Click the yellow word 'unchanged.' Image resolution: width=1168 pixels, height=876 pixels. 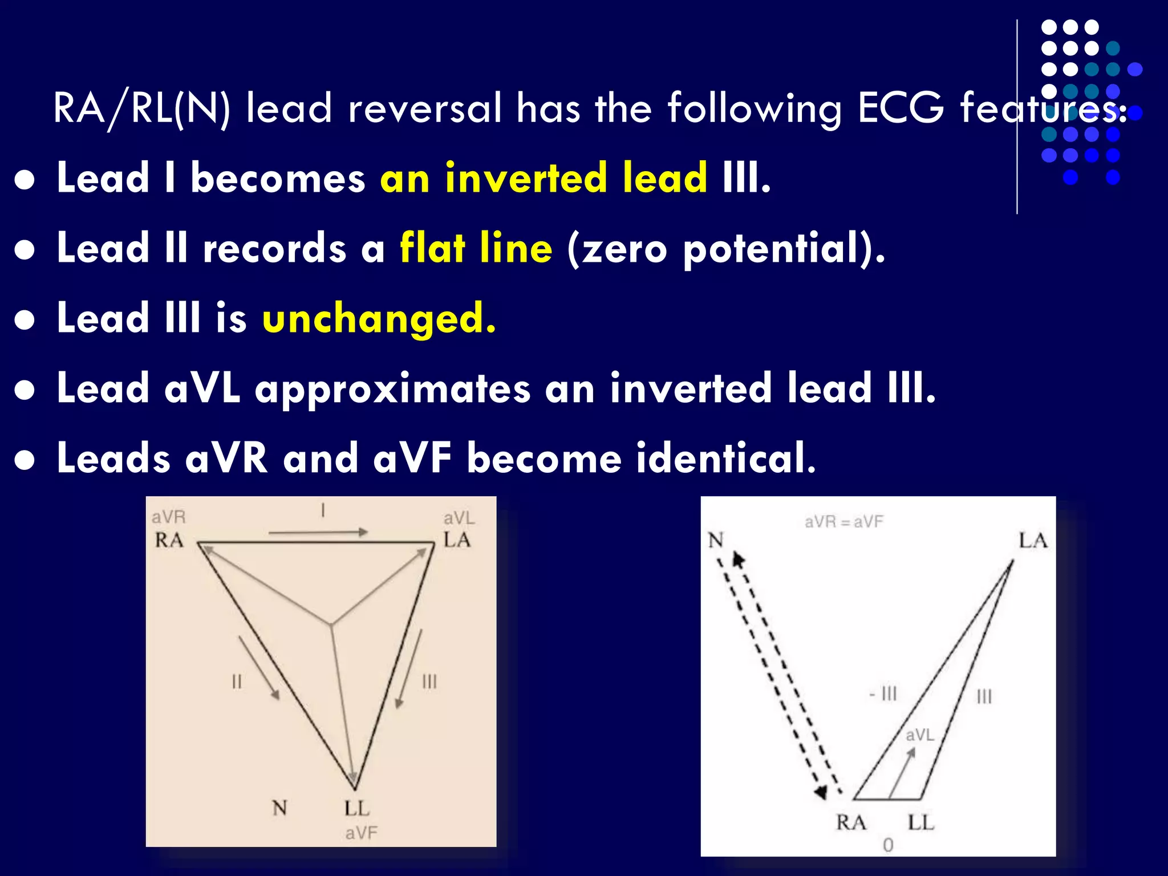379,318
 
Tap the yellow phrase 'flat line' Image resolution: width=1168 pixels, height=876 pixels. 476,248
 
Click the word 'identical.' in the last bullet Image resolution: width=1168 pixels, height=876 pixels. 726,459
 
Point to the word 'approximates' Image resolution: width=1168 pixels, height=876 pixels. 392,388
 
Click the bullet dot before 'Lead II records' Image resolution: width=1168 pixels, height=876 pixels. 25,250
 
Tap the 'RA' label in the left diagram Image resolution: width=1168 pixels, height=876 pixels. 169,540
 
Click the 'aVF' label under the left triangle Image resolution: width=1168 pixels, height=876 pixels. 361,833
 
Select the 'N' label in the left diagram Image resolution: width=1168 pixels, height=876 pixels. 279,808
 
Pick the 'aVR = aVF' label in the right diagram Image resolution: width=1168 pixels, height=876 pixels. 843,521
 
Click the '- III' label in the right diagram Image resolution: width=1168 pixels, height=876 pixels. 883,693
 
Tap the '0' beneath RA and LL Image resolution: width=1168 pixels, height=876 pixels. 888,845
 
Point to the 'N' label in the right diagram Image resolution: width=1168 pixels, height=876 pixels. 716,540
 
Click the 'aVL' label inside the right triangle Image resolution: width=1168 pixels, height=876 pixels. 919,735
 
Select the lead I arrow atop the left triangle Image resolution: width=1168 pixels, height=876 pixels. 318,533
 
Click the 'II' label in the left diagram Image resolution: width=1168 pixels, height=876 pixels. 237,682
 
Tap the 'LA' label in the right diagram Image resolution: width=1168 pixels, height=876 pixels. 1033,540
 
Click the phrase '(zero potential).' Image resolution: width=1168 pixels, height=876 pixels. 726,249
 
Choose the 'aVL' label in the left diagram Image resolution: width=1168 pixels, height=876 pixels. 459,518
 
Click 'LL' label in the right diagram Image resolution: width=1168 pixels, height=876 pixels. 920,822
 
